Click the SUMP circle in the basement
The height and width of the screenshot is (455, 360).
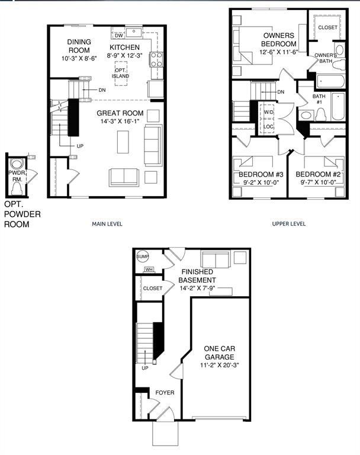click(142, 257)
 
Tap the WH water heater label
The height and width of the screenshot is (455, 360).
click(148, 270)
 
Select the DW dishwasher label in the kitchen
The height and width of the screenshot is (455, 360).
click(118, 36)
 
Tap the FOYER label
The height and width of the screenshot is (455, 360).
click(165, 393)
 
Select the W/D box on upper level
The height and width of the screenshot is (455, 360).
click(268, 112)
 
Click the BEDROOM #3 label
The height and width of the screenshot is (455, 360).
click(257, 175)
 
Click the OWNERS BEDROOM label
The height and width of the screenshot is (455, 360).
click(279, 40)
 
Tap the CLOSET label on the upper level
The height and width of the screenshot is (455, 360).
click(327, 28)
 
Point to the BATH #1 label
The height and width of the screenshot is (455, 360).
click(319, 99)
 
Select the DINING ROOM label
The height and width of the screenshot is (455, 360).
click(78, 46)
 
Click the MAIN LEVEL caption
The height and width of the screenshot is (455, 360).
click(108, 224)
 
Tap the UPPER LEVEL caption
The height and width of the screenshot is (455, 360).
click(288, 224)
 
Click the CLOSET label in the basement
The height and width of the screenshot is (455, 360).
click(152, 289)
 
